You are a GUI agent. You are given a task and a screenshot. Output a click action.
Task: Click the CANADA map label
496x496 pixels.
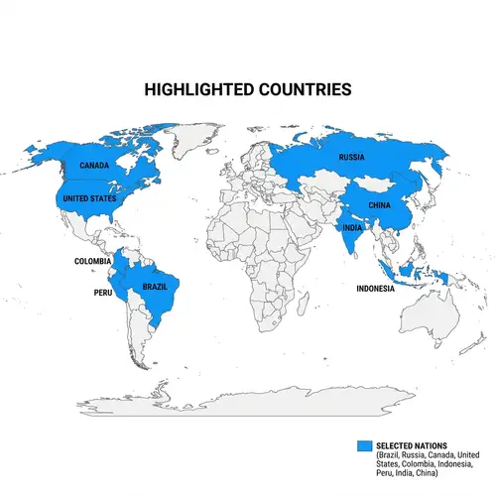[94, 166]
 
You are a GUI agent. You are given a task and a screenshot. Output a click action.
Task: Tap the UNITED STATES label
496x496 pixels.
[89, 199]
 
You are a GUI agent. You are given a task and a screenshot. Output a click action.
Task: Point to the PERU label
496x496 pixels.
[103, 294]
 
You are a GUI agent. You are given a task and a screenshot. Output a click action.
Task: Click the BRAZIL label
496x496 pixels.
[154, 287]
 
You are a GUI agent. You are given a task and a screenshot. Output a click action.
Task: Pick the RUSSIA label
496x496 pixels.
[351, 158]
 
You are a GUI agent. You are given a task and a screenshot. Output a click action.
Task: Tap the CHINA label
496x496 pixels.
[380, 205]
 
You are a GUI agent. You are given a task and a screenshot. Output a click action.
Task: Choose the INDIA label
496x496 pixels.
[352, 227]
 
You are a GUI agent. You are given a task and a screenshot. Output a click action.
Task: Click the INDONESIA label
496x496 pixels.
[376, 290]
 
